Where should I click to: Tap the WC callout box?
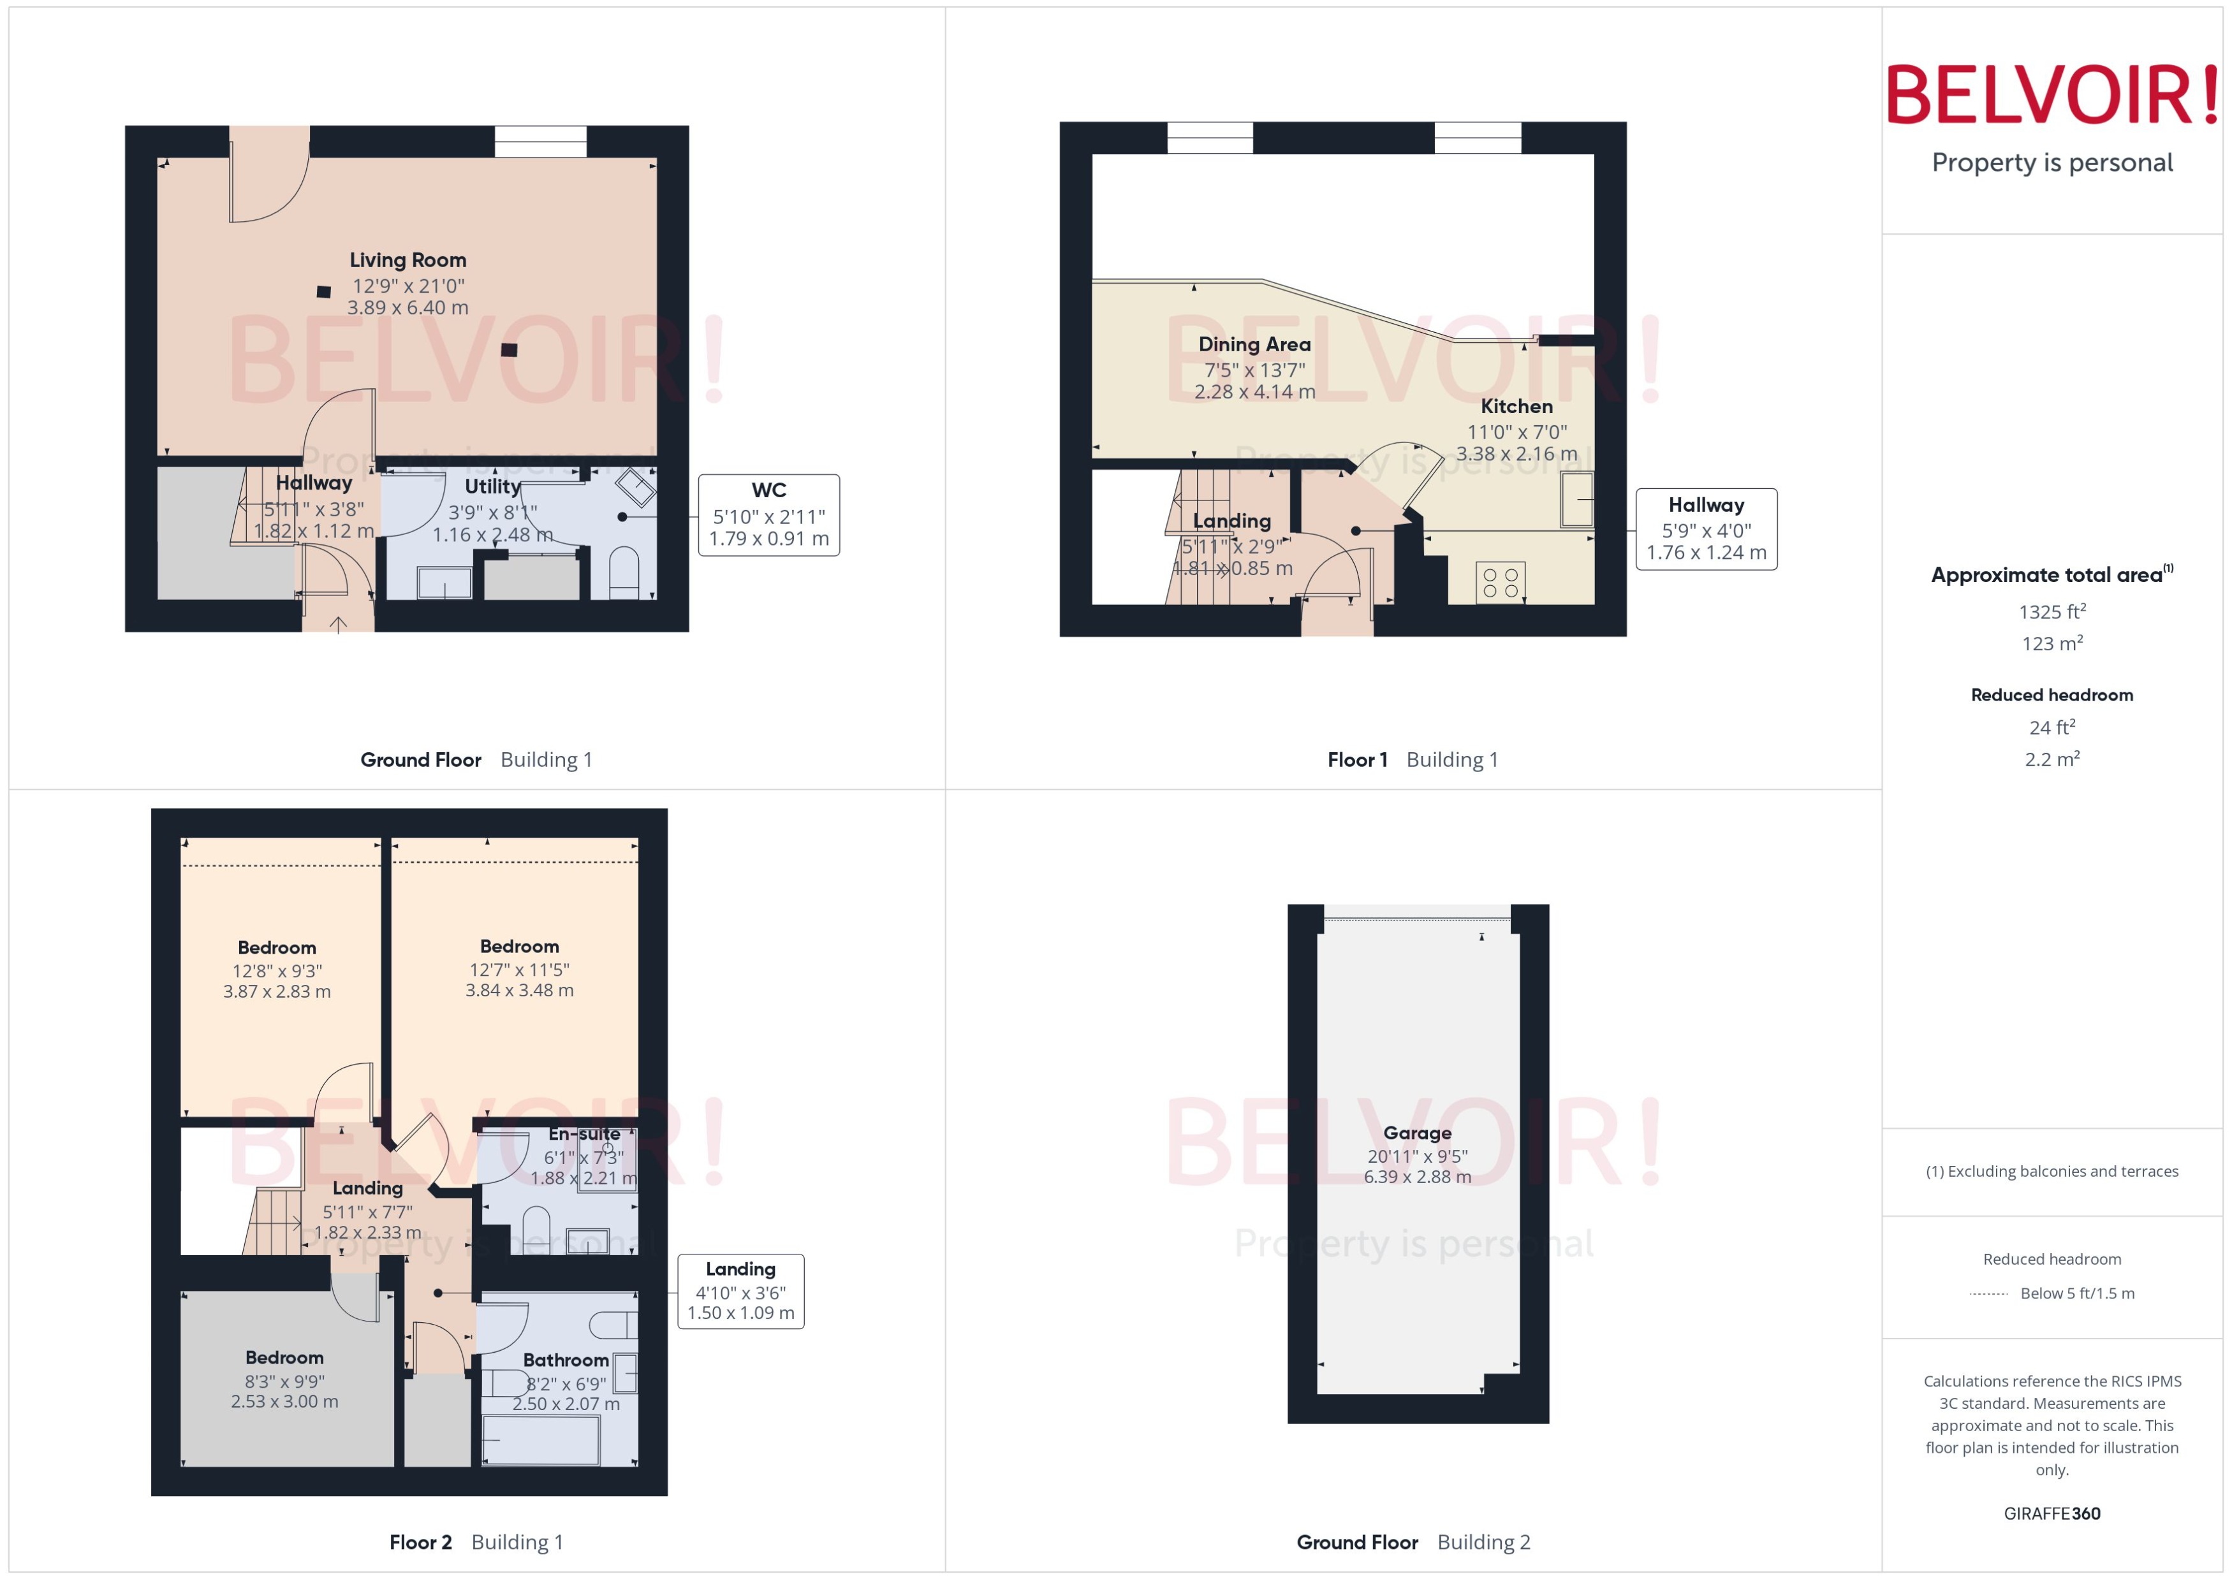(768, 514)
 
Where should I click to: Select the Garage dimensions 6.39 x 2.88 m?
(1417, 1177)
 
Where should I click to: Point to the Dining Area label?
(1254, 344)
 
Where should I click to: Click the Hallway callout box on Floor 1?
(1706, 529)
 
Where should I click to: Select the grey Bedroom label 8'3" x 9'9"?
(284, 1357)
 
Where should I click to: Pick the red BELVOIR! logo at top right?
(2052, 95)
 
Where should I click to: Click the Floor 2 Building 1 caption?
(476, 1542)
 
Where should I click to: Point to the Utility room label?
(492, 486)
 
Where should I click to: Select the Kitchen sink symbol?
(1576, 500)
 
